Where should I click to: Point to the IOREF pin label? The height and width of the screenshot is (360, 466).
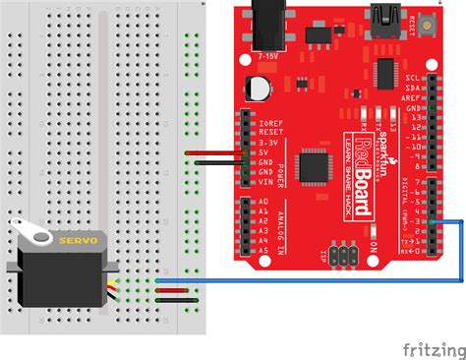coord(272,124)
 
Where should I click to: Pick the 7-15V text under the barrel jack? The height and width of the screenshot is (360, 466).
coord(264,57)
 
